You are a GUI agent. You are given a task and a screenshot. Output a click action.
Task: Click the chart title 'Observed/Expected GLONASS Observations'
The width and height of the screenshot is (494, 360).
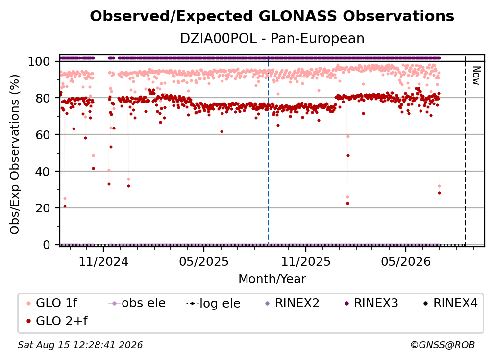[x=272, y=16]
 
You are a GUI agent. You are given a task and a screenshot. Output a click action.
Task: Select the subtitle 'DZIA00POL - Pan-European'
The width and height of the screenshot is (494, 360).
[x=272, y=39]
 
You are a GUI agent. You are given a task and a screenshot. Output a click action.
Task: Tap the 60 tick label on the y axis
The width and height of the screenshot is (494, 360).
[x=43, y=135]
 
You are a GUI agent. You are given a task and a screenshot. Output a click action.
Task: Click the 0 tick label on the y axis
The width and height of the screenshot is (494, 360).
[x=47, y=245]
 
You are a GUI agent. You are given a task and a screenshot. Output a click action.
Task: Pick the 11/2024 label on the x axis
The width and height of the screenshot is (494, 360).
[x=103, y=261]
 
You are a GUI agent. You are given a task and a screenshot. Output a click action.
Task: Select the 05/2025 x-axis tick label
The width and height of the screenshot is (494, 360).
[x=204, y=261]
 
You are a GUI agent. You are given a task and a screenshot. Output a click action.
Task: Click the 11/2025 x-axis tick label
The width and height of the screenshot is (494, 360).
[x=306, y=261]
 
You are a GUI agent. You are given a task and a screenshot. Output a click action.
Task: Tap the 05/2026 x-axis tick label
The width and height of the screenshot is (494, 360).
[x=406, y=261]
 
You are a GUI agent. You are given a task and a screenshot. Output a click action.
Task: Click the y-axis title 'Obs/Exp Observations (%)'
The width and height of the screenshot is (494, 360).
[x=15, y=154]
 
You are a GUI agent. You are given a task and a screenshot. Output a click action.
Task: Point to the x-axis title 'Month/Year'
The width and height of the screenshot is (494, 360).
[x=272, y=279]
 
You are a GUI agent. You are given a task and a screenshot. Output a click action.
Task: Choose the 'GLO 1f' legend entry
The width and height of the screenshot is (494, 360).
[x=52, y=303]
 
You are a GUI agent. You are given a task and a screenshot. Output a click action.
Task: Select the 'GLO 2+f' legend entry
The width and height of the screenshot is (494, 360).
[x=57, y=321]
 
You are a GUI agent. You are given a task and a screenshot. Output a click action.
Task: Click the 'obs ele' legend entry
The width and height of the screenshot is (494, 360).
[x=137, y=303]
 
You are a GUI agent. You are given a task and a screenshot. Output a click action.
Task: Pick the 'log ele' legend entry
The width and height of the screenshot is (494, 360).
[x=213, y=304]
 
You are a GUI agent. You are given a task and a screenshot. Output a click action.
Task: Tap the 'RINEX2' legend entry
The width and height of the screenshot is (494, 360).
[x=292, y=303]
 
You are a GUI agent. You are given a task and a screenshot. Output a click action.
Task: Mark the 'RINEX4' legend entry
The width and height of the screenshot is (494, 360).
[x=450, y=303]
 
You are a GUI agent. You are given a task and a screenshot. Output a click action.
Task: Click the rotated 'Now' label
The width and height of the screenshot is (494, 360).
[x=476, y=76]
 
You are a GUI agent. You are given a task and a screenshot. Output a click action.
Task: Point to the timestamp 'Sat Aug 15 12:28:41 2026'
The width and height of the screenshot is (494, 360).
[x=80, y=345]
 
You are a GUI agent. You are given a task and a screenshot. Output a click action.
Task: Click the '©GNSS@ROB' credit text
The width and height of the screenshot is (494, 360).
[x=443, y=345]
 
